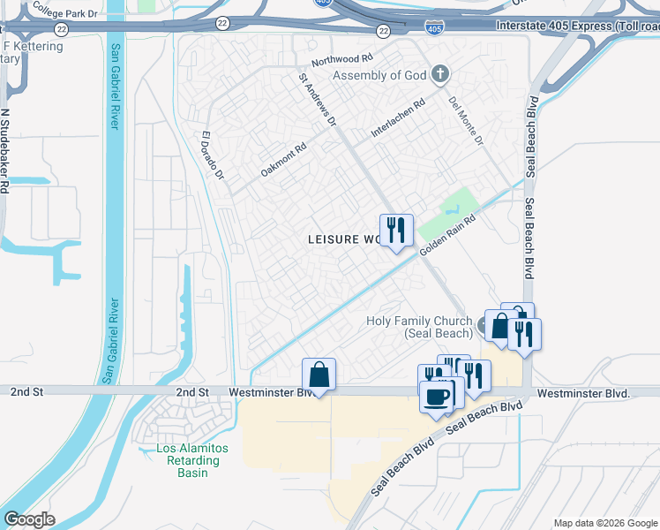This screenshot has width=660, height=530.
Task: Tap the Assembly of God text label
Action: point(379,76)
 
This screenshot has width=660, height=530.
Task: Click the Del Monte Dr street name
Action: point(466,121)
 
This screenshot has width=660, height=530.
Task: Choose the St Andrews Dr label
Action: point(318,100)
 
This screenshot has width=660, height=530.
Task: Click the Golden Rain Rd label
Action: point(447,236)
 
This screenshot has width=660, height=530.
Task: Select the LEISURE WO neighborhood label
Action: point(345,239)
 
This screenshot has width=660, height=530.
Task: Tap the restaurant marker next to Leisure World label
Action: point(396,231)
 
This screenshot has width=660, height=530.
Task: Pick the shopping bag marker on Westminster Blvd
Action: point(319,374)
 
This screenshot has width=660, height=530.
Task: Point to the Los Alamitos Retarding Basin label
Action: point(191,460)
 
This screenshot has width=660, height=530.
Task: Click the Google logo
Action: point(28,519)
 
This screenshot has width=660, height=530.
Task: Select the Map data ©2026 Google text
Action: point(604,523)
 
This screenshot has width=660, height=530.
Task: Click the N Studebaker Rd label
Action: point(4,151)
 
